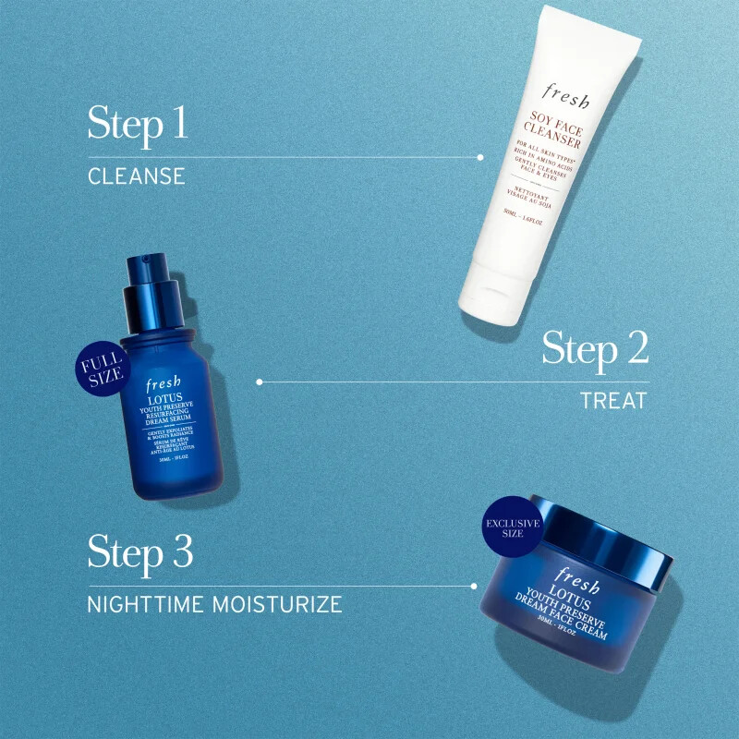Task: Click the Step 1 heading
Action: [138, 124]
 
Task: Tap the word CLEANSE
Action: [137, 176]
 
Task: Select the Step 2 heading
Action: [595, 349]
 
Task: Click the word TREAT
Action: [614, 401]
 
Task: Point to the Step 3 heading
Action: [140, 551]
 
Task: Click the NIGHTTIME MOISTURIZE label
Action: [214, 605]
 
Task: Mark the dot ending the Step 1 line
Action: [479, 157]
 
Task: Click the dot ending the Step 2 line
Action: [260, 381]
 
